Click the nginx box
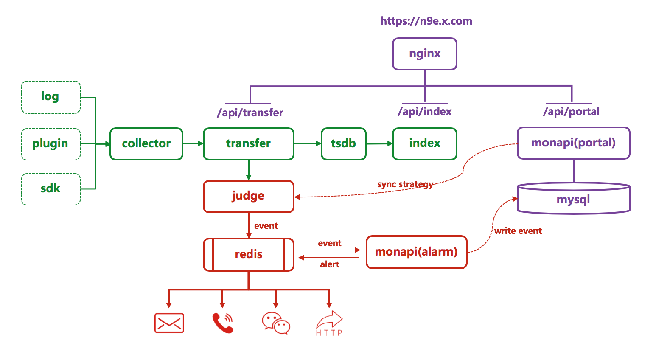click(425, 54)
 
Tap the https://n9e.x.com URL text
click(426, 21)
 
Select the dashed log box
click(51, 97)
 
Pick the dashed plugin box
click(51, 144)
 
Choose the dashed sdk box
click(51, 189)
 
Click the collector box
click(146, 144)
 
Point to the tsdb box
click(344, 144)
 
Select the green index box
click(425, 144)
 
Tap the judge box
click(249, 196)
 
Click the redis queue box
click(249, 255)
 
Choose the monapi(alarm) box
click(416, 252)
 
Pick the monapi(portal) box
click(573, 143)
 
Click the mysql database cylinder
click(573, 198)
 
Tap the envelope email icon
click(169, 323)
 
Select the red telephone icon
click(223, 323)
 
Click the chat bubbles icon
click(276, 323)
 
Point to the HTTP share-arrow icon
click(329, 323)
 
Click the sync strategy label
click(405, 184)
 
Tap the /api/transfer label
click(250, 112)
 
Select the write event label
click(518, 231)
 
